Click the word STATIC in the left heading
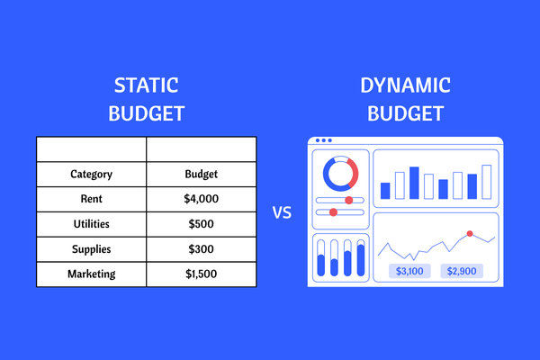point(147,85)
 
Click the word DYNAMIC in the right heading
point(405,85)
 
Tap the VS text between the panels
point(282,212)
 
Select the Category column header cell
point(91,175)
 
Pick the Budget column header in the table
point(201,175)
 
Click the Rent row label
point(91,199)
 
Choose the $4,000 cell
point(201,199)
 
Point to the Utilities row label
point(91,224)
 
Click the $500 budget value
point(201,224)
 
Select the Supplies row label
point(91,249)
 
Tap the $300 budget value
point(201,249)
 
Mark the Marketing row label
point(91,274)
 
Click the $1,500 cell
point(201,274)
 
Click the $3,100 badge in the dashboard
point(409,271)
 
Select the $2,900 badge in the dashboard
point(462,271)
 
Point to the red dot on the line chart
point(470,234)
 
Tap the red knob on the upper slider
point(349,200)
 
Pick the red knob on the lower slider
point(333,212)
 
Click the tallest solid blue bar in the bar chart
point(414,183)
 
